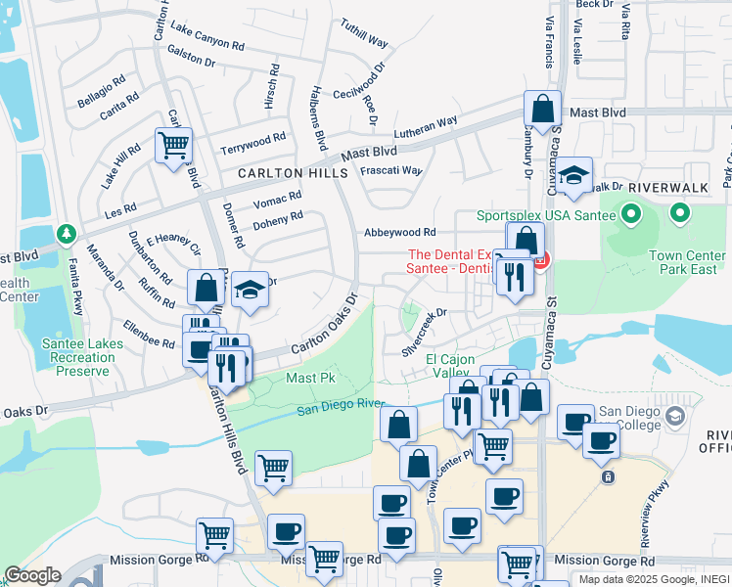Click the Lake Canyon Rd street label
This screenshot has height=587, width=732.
[206, 38]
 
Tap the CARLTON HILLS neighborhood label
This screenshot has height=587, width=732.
[293, 172]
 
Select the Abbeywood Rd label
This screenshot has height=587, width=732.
[399, 233]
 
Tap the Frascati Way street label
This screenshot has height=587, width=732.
[391, 170]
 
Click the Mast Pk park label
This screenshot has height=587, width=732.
[310, 377]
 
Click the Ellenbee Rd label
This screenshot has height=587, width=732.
[149, 334]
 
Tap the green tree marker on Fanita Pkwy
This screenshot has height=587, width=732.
[67, 235]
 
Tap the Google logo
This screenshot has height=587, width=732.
[32, 575]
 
